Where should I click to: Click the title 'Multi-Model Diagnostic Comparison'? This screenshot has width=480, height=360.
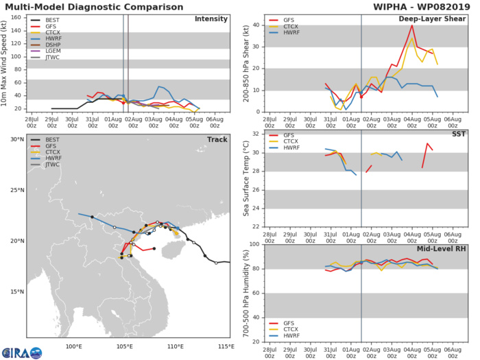(x=92, y=6)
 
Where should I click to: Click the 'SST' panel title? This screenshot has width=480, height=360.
(x=458, y=134)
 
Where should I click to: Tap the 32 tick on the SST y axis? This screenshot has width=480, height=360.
(x=254, y=134)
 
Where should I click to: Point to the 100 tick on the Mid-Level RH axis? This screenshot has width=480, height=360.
(x=252, y=243)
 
